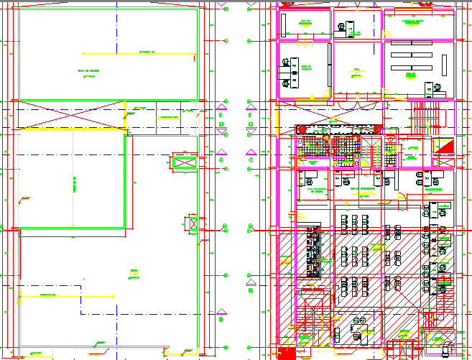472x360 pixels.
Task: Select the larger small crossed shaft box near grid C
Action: [x=185, y=164]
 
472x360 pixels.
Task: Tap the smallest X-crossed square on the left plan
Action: [x=193, y=225]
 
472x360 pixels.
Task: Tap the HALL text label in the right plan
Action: [x=356, y=70]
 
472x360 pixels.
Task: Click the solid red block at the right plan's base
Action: [x=286, y=353]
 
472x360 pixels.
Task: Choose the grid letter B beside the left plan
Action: [x=221, y=320]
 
